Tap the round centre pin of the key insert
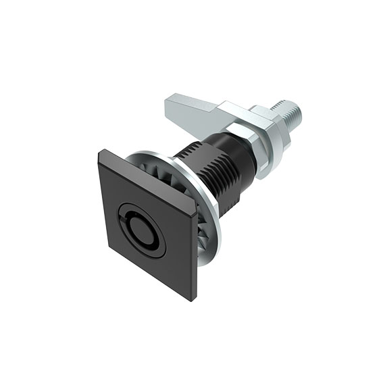click(x=144, y=230)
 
